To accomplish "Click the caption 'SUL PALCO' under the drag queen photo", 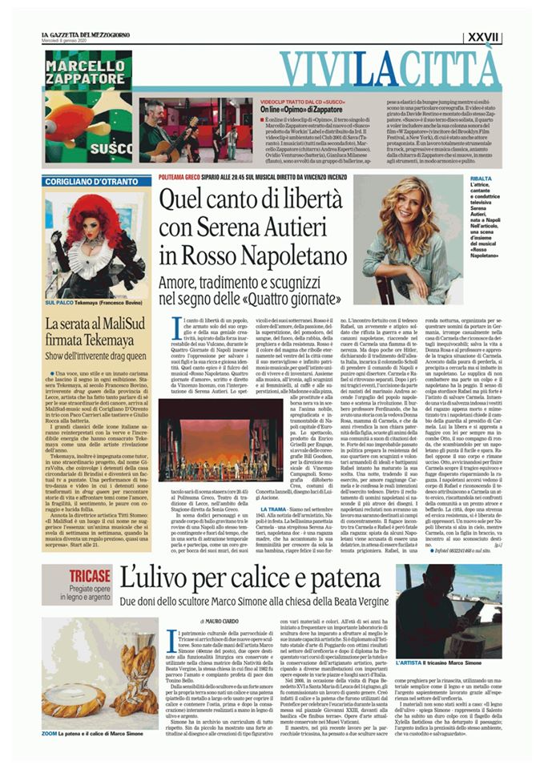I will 58,304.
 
